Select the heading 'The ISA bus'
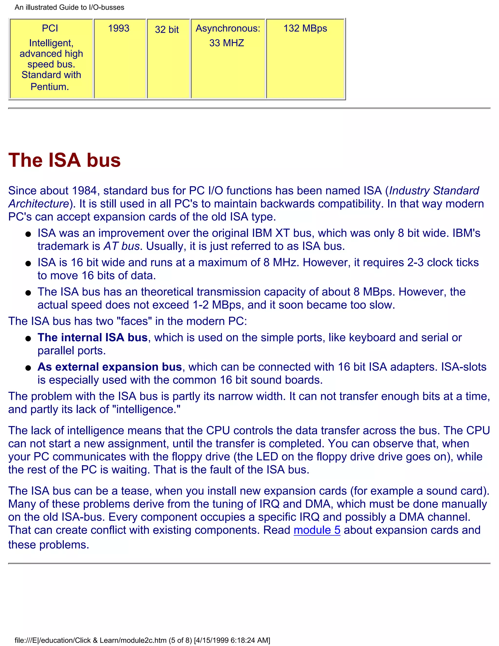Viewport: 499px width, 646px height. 64,160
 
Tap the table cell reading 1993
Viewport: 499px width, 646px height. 119,28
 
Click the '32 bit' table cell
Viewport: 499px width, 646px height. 167,29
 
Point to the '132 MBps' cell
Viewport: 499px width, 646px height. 305,28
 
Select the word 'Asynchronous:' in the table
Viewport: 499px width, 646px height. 228,28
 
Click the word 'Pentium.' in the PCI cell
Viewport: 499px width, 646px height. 50,87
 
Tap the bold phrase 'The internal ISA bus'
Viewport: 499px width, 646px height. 92,337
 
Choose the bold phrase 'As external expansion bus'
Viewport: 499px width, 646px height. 109,367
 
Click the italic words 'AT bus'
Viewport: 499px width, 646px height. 121,246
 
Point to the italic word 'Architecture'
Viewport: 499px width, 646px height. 38,204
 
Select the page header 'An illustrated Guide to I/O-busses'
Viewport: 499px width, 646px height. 69,7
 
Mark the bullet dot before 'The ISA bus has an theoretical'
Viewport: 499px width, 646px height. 28,293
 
